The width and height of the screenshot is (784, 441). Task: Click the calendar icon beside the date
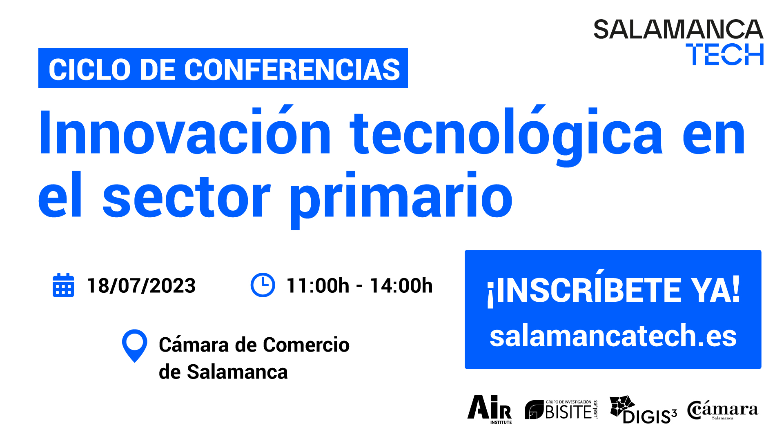pyautogui.click(x=63, y=285)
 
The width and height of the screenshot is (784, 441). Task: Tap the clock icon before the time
pyautogui.click(x=263, y=285)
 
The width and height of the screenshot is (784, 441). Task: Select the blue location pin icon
pyautogui.click(x=134, y=345)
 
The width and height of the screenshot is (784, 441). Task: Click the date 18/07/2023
pyautogui.click(x=141, y=286)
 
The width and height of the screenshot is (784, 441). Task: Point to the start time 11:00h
pyautogui.click(x=318, y=286)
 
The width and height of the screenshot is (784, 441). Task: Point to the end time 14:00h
pyautogui.click(x=401, y=286)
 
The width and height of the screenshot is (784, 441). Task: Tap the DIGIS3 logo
pyautogui.click(x=643, y=410)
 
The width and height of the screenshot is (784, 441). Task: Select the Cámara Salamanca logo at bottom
pyautogui.click(x=722, y=410)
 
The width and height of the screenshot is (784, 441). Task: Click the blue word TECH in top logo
pyautogui.click(x=724, y=54)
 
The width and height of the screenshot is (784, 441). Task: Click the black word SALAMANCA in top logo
pyautogui.click(x=678, y=29)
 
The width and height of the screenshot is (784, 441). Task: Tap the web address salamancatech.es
pyautogui.click(x=613, y=336)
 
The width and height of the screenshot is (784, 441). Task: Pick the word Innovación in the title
pyautogui.click(x=185, y=132)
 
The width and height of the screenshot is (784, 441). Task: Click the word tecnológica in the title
pyautogui.click(x=506, y=136)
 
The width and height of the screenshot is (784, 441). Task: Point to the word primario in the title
pyautogui.click(x=401, y=200)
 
